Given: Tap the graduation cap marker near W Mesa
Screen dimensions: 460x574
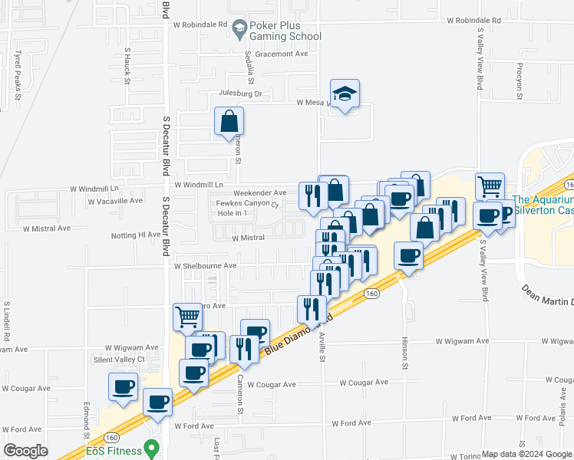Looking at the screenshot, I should [345, 95].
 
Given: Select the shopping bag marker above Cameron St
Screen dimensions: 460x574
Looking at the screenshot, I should [229, 122].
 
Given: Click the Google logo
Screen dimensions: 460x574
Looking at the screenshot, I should [26, 451].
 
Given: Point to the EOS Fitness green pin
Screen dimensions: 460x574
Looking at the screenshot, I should [152, 446].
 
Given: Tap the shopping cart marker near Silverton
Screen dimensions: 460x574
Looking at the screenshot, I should [490, 186].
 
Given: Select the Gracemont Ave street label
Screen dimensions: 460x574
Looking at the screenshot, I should [282, 54].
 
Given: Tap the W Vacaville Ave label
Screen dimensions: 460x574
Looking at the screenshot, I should [115, 201].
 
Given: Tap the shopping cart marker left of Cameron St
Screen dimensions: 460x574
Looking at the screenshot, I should [187, 316].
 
